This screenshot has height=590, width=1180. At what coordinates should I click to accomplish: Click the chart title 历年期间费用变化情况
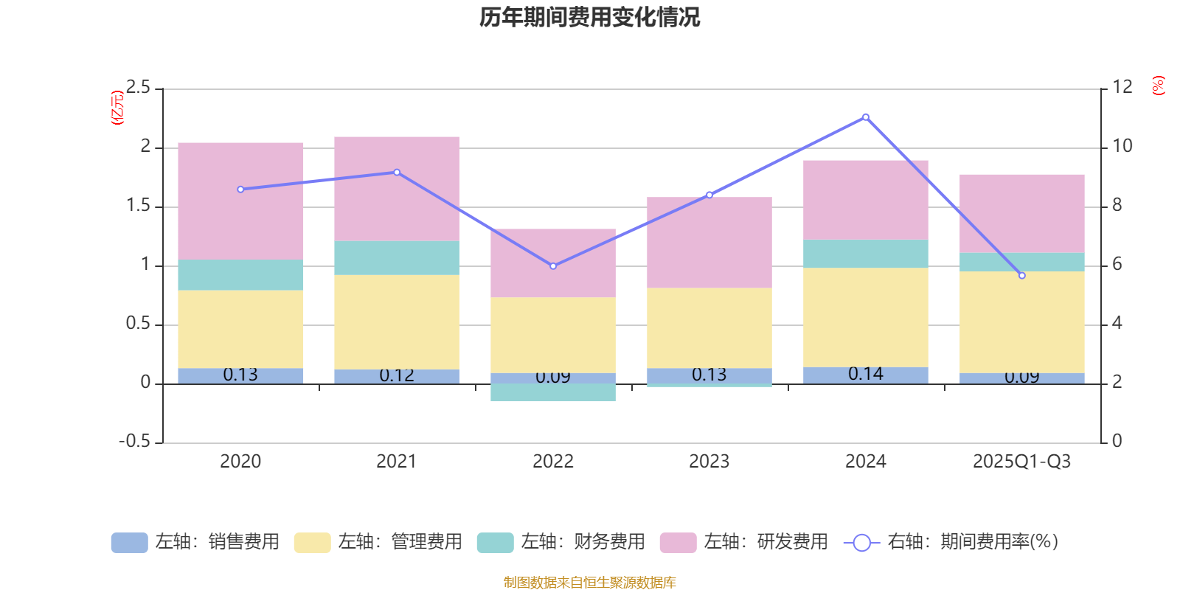[589, 17]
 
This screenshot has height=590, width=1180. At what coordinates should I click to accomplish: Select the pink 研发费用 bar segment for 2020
[240, 201]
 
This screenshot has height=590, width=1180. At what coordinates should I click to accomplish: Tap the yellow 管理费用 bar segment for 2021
[397, 322]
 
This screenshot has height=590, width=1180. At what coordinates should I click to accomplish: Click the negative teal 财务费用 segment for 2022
[553, 392]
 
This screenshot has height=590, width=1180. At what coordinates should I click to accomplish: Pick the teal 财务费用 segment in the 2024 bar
[866, 254]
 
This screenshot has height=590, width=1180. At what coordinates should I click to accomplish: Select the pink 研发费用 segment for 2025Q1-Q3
[1022, 213]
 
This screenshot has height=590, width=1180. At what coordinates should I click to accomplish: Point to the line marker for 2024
[866, 117]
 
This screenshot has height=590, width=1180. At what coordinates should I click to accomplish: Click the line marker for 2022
[553, 266]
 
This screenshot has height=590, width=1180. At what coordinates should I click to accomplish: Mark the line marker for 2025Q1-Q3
[1022, 276]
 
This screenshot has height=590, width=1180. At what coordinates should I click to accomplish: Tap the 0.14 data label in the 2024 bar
[866, 374]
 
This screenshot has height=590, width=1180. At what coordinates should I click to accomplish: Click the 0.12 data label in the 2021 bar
[397, 375]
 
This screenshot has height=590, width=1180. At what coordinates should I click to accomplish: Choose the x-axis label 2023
[709, 462]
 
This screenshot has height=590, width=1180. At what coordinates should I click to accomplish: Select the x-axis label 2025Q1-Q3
[1022, 462]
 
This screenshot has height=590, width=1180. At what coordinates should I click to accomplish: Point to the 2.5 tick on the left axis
[138, 88]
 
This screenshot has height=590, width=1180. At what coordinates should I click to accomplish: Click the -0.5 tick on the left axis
[134, 442]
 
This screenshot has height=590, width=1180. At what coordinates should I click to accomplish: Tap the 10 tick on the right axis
[1122, 146]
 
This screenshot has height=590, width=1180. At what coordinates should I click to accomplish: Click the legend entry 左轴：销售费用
[195, 542]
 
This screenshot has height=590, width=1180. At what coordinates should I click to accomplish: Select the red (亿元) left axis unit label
[117, 108]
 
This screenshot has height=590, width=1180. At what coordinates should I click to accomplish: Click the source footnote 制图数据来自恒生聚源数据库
[589, 583]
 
